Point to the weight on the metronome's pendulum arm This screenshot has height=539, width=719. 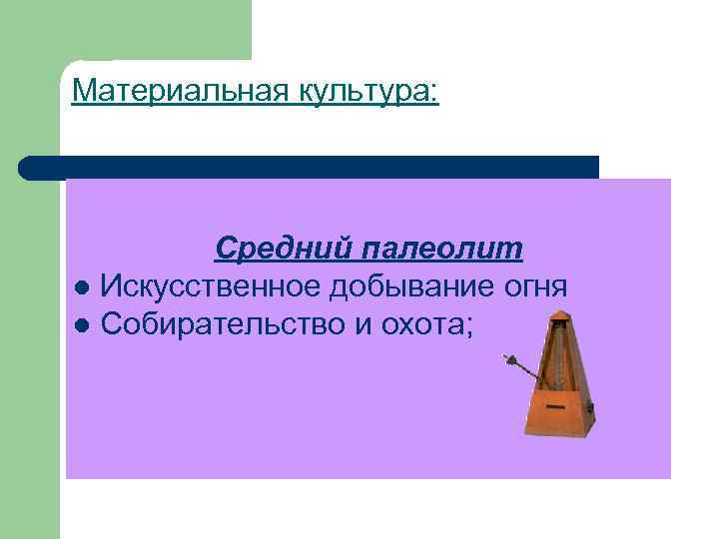511,359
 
